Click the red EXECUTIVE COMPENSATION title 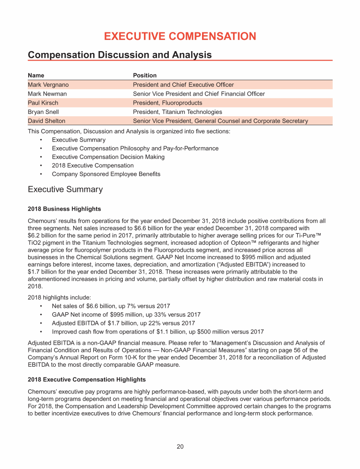[180, 37]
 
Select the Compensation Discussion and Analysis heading [120, 55]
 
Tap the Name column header [36, 75]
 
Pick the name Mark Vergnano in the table [49, 85]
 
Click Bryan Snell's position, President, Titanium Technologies [177, 112]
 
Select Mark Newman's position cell [199, 94]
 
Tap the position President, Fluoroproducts [167, 103]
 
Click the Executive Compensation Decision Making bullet [108, 157]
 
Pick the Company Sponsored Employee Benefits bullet [106, 174]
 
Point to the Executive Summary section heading [65, 190]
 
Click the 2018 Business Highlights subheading [64, 209]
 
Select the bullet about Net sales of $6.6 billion [111, 306]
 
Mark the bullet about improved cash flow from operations [157, 332]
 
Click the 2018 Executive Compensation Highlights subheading [87, 379]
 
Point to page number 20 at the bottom [180, 446]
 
